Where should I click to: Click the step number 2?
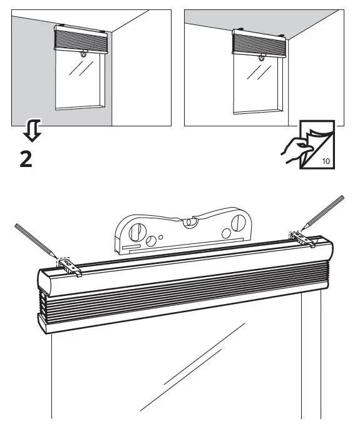26,160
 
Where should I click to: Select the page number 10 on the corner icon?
326,161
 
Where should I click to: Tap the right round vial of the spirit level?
239,223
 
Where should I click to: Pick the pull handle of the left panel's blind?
83,56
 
